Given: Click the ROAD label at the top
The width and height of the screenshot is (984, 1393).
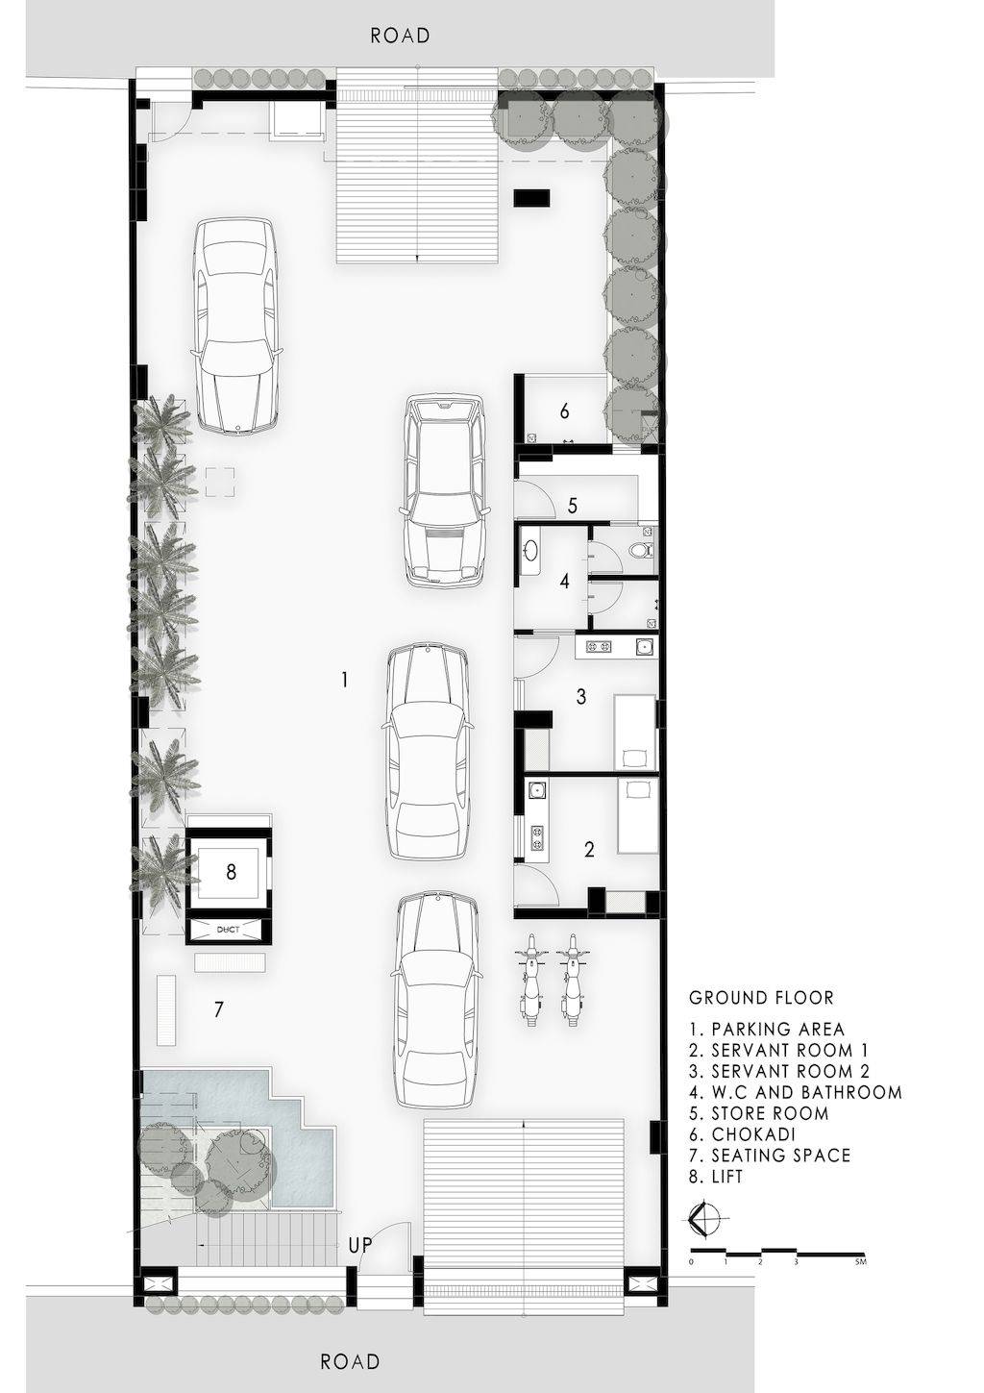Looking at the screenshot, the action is pos(400,36).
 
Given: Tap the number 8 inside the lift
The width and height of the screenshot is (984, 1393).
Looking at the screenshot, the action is pos(231,872).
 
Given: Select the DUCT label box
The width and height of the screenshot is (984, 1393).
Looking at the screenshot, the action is pos(228,930).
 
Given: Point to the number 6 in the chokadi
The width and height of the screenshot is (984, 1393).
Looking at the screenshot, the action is pos(564,411).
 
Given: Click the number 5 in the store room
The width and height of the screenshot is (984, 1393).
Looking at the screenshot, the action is pos(573,505).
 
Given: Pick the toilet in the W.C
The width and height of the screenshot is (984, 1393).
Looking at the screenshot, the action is pos(641,550).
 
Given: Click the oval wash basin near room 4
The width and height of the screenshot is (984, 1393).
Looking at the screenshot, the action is pos(532,550).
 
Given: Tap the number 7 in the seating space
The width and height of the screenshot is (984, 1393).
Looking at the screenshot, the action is pos(218,1008).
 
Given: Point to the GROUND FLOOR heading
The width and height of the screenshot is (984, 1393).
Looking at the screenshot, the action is pos(761,998).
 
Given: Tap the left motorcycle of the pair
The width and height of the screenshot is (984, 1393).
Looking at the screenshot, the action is pos(531,979).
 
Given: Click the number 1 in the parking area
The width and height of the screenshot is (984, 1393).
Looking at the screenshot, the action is pos(345,680).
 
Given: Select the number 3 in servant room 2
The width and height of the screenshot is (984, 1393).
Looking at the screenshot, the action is pos(581,696).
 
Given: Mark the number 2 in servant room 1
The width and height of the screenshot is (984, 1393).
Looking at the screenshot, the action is pos(589,849).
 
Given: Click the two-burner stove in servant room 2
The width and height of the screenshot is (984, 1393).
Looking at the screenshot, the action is pos(597,647).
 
